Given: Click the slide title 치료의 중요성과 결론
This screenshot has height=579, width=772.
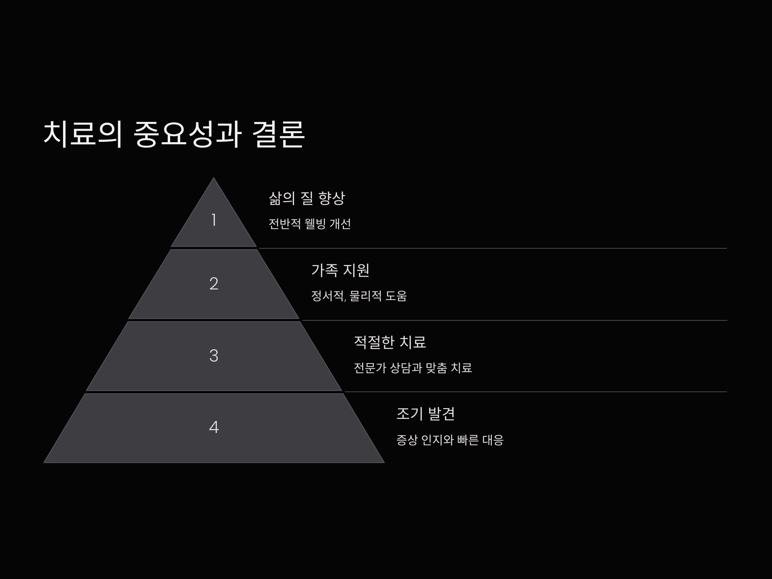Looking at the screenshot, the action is coord(174,135).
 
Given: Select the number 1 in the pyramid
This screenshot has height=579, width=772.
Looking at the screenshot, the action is coord(214,220).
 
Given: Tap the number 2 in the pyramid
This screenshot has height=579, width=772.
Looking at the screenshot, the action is coord(214,284).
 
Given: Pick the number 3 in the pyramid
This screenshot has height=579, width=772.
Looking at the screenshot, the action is coord(214,356).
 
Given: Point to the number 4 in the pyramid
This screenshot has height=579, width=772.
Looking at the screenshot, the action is coord(214,427).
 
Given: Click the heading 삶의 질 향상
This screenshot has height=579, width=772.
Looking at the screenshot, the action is coord(307,198).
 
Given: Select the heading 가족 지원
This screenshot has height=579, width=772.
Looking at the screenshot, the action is coord(340,270).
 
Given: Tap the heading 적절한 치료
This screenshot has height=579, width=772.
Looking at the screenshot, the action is coord(390,342).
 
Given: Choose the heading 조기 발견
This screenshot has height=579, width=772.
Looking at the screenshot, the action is coord(426,414).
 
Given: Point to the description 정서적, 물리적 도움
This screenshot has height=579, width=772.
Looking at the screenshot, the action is coord(359,296).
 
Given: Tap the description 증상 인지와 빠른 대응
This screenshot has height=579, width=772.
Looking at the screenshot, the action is coord(450,440).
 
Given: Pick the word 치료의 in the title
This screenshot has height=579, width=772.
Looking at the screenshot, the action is coord(83,135).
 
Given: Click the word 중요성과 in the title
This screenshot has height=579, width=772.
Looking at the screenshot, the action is coord(188,135).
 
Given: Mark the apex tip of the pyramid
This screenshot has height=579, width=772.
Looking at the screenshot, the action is coord(214,179).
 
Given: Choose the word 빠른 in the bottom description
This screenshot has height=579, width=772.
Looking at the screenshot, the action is coord(468,440).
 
